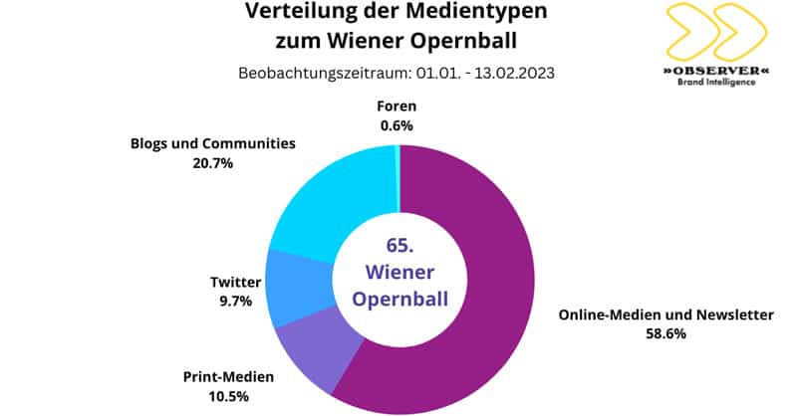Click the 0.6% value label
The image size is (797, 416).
pos(397,125)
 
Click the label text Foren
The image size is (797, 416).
pos(397,106)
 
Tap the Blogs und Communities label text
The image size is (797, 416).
pos(212,143)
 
